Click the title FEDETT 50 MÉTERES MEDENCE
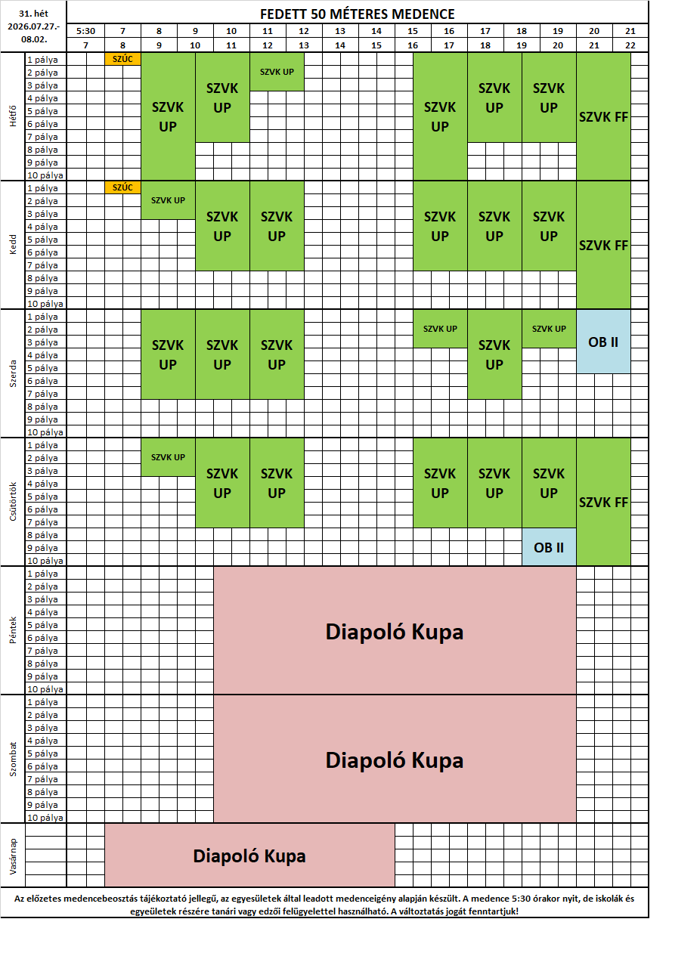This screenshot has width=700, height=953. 357,14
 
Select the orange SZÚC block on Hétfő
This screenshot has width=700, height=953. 122,59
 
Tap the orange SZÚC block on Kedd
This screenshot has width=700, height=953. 122,187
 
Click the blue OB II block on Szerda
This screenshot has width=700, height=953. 603,342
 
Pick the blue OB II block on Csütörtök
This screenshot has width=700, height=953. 549,547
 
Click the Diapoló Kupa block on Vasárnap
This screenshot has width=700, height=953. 249,856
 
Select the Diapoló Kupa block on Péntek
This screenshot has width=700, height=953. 395,631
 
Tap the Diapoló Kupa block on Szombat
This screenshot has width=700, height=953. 395,760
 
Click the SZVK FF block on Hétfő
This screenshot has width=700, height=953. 603,116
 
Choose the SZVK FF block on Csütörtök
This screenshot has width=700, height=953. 603,502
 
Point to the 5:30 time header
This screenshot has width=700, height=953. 85,31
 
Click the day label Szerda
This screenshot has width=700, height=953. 13,373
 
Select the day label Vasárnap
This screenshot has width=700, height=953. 13,856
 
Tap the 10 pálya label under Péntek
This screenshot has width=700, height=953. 45,688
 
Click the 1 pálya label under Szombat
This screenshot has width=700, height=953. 42,702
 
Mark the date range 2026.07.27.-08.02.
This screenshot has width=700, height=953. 33,32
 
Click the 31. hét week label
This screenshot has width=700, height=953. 33,13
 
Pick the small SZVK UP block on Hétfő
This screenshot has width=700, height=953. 277,72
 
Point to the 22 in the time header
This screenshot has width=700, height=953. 630,45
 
